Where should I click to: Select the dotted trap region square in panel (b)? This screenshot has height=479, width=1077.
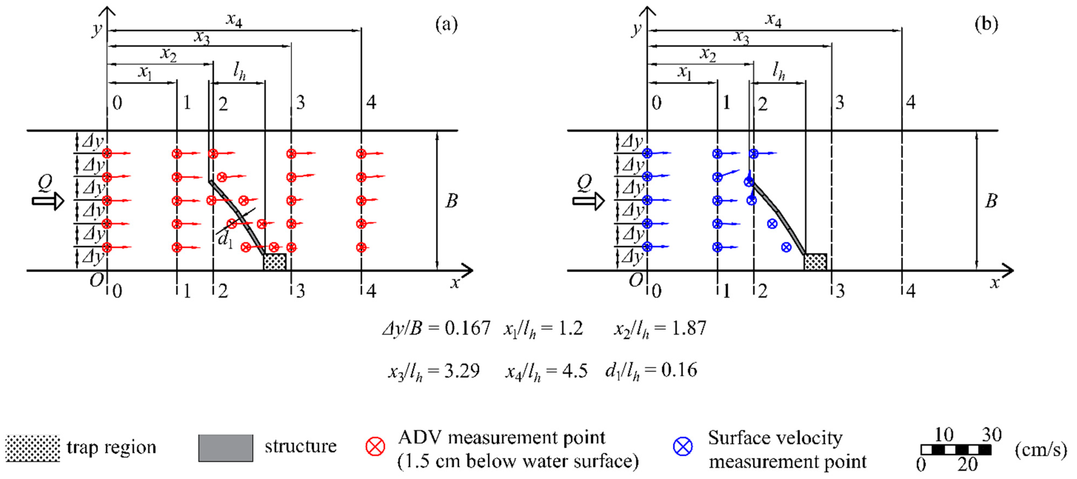pos(815,262)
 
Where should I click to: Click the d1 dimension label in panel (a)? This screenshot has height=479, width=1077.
pos(225,240)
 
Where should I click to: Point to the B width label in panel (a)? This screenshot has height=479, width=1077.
pos(451,201)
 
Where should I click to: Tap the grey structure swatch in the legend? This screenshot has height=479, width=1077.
pos(225,448)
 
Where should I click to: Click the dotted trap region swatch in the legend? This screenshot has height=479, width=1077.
pos(33,448)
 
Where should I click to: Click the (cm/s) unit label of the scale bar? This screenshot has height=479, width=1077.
pos(1040,450)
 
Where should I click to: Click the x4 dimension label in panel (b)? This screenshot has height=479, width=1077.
pos(773,20)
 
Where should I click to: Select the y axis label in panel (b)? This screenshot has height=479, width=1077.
pos(637,29)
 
